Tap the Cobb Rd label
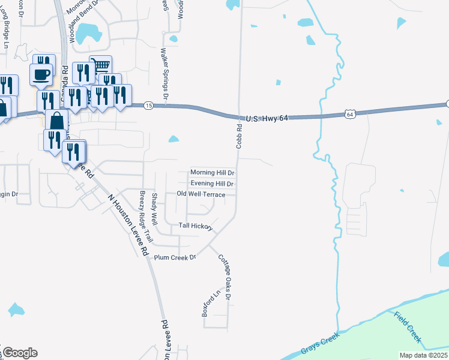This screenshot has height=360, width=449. [239, 136]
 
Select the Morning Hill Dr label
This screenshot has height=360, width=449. [212, 173]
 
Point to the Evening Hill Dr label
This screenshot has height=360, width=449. [212, 184]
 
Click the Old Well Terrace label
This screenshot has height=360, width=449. [201, 194]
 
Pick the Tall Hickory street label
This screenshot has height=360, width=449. [196, 226]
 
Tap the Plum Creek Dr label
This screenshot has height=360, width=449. [175, 257]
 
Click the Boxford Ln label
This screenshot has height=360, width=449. [208, 304]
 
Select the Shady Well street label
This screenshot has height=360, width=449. [155, 209]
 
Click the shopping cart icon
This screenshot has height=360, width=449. [100, 65]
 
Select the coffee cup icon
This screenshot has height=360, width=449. [41, 74]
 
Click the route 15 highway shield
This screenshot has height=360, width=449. [149, 106]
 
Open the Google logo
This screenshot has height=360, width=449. [20, 353]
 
